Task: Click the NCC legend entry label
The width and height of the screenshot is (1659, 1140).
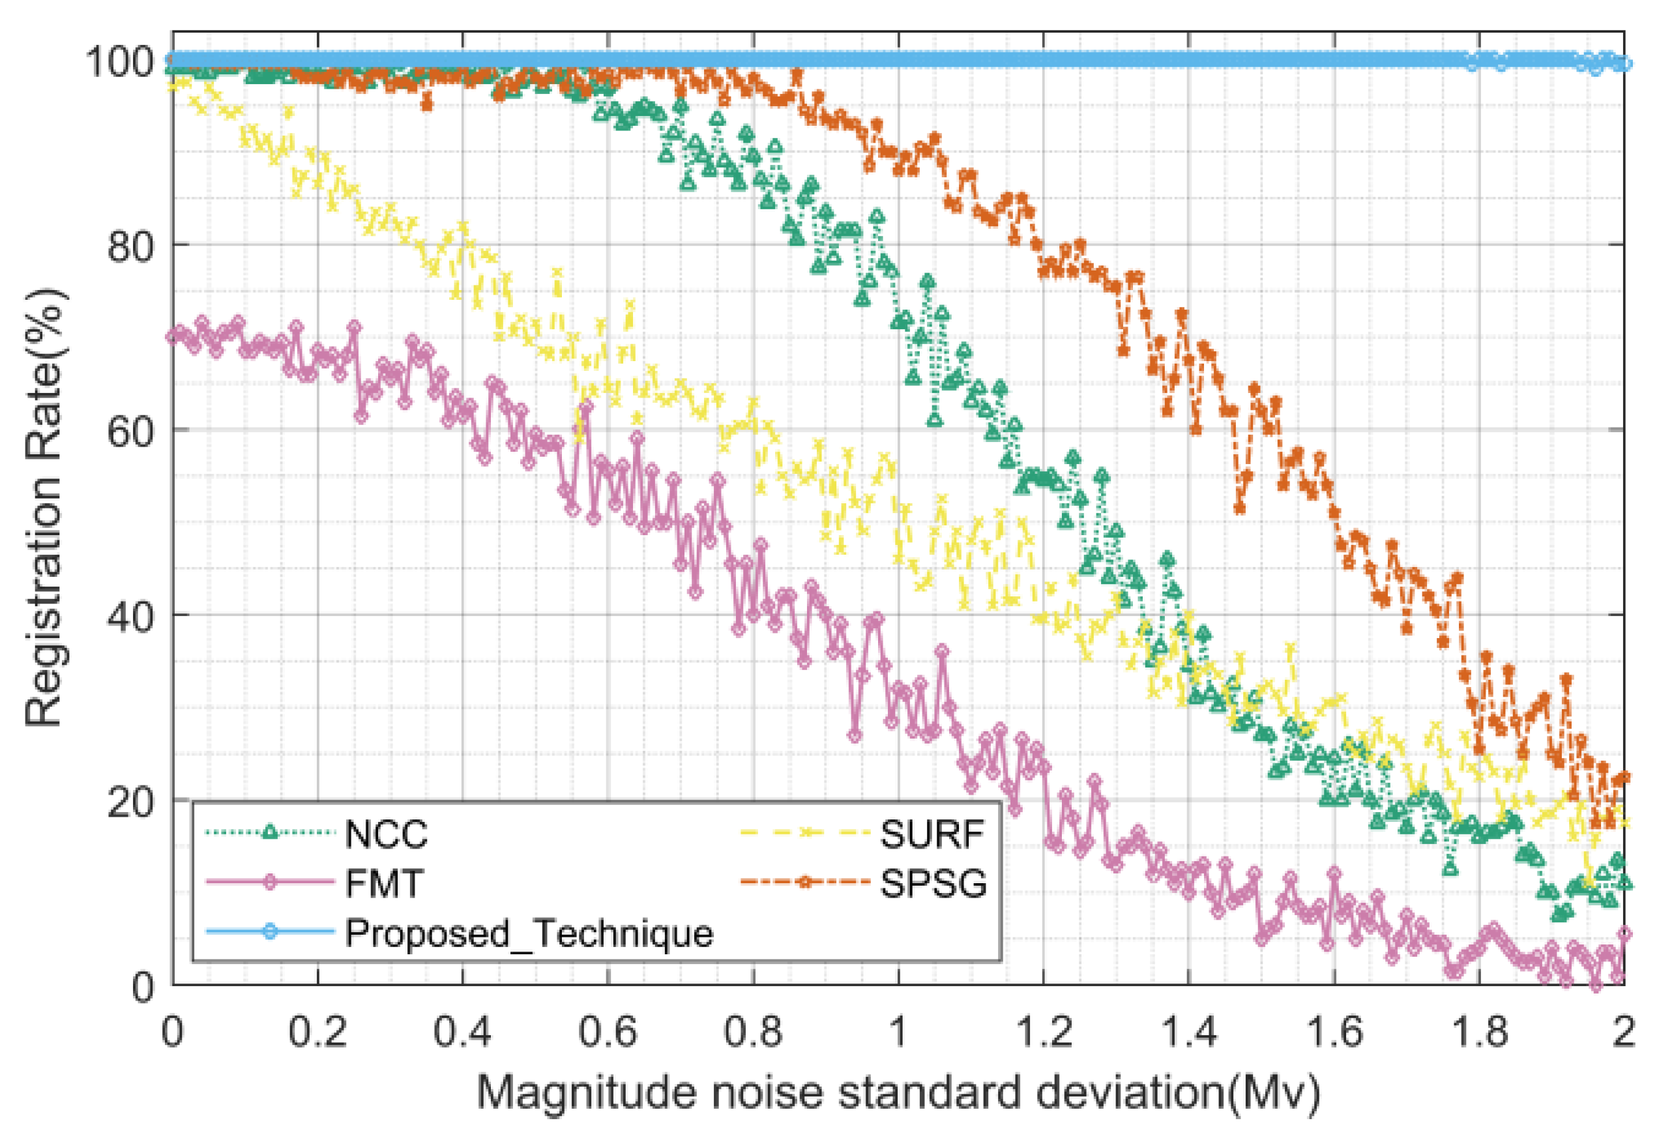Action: [x=386, y=834]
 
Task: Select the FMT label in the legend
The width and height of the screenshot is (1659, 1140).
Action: [x=384, y=884]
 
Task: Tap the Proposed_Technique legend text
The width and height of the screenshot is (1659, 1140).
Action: [x=529, y=933]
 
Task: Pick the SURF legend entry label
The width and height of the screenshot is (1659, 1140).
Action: [x=932, y=834]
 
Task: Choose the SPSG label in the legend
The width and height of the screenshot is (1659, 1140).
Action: [x=933, y=884]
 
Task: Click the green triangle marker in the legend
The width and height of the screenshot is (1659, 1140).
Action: [x=269, y=832]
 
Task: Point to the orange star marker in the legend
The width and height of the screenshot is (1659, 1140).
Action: [x=805, y=882]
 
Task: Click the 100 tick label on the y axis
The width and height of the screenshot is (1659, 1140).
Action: [x=119, y=62]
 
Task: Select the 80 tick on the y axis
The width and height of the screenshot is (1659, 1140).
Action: [x=130, y=246]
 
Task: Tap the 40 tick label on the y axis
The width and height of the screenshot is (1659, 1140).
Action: [x=130, y=616]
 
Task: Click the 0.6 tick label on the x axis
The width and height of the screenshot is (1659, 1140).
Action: [x=607, y=1032]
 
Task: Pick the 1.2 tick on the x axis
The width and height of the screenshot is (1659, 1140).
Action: [x=1043, y=1032]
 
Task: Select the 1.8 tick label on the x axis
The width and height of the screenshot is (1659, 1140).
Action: [x=1478, y=1032]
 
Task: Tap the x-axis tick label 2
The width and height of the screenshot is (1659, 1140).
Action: [x=1624, y=1032]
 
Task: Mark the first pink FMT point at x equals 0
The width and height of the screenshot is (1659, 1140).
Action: [x=172, y=336]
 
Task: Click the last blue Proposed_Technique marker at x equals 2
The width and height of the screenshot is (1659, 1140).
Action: [x=1624, y=64]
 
